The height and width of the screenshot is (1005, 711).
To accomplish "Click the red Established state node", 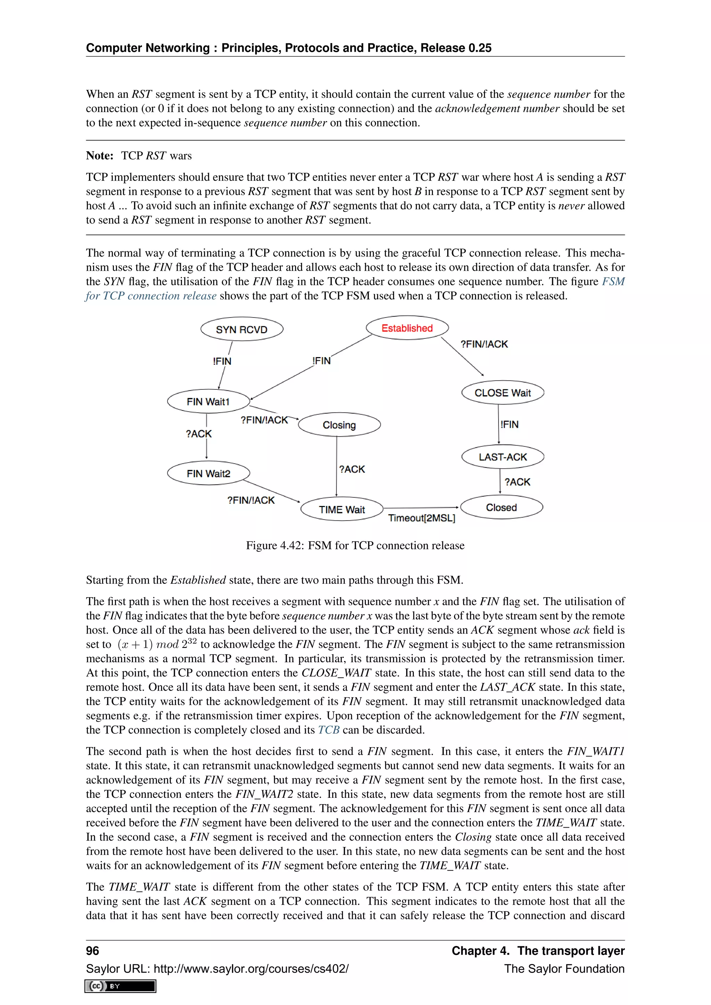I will click(x=407, y=328).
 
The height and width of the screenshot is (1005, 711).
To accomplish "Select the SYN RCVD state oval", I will click(x=242, y=329).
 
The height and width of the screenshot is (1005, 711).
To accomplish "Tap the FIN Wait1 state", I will click(x=208, y=402).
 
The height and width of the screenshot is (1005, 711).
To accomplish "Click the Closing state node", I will click(x=339, y=424).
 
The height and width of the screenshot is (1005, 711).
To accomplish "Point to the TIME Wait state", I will click(x=342, y=509).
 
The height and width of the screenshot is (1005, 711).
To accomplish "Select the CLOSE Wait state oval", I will click(x=503, y=392).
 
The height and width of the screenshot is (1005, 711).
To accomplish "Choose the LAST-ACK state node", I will click(x=503, y=457).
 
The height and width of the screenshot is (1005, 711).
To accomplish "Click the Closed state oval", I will click(x=502, y=507).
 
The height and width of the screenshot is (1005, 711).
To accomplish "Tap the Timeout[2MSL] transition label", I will click(x=421, y=518).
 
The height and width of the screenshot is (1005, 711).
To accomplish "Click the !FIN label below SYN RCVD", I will click(x=222, y=361).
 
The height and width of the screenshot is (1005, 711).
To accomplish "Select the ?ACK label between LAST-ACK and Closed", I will click(x=518, y=482).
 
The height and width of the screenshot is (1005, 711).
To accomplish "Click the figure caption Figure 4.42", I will click(x=355, y=546).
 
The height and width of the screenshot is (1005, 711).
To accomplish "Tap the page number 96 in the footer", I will click(x=92, y=951).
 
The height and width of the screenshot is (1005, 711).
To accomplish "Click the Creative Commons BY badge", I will click(x=120, y=986).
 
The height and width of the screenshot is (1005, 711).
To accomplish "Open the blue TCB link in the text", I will click(x=328, y=730).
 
